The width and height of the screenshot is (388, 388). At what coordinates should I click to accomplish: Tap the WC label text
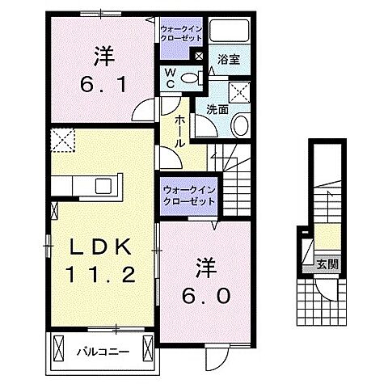coord(171,78)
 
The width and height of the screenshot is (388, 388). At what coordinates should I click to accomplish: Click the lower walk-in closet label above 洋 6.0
coord(188,195)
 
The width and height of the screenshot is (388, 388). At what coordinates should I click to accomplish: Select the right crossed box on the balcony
coord(148,348)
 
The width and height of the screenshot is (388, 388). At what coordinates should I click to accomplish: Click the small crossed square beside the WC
coord(199,56)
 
